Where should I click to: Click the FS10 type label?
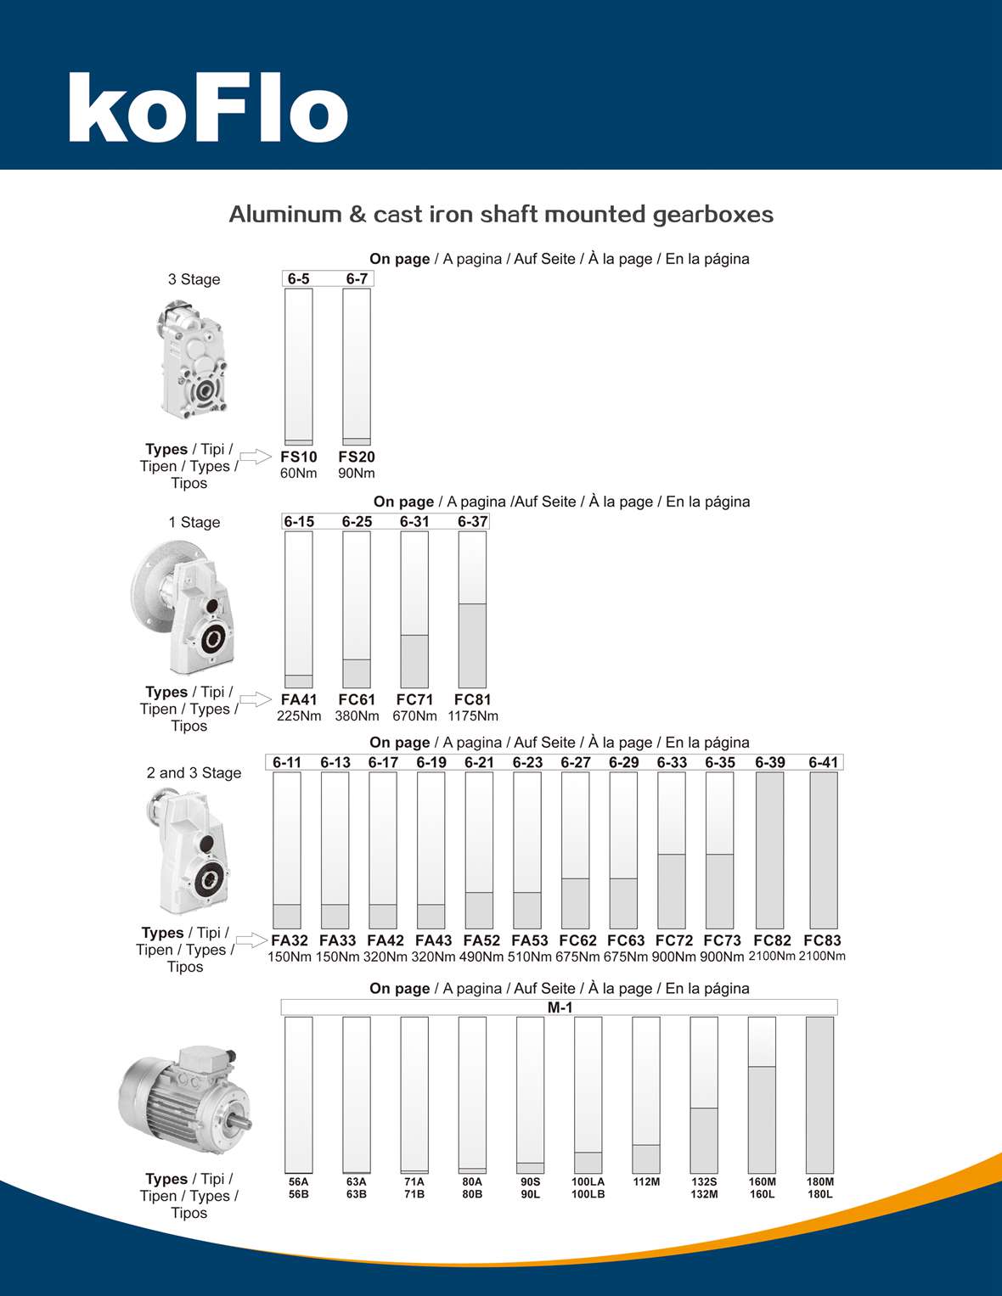click(x=298, y=457)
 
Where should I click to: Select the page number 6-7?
click(x=357, y=278)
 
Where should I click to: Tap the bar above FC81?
click(x=472, y=609)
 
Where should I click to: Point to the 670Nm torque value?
click(x=414, y=716)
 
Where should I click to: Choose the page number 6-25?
click(x=357, y=522)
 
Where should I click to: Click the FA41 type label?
click(x=298, y=699)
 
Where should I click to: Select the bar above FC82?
click(x=770, y=850)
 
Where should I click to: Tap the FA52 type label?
click(x=481, y=940)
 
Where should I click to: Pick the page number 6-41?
click(x=824, y=762)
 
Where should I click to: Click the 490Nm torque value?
click(x=481, y=957)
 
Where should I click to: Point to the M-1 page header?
click(x=560, y=1007)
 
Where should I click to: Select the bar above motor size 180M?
click(x=819, y=1095)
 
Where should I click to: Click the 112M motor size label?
click(x=646, y=1181)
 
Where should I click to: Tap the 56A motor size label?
click(x=298, y=1181)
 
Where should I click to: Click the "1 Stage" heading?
click(x=194, y=522)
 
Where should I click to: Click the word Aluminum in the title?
click(x=284, y=214)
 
